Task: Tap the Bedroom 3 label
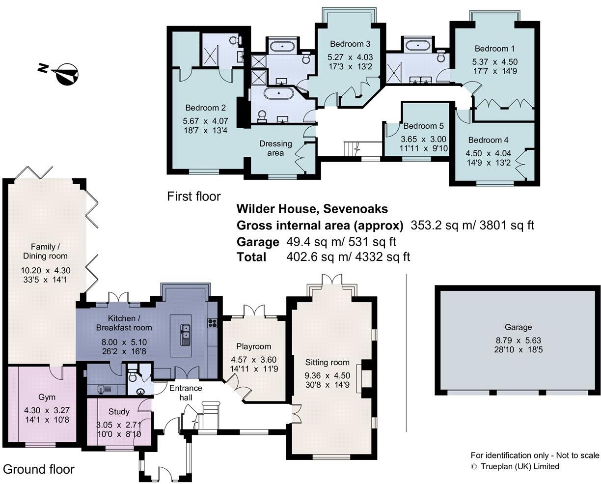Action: click(350, 43)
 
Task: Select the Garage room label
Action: click(518, 327)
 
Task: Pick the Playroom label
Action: click(253, 346)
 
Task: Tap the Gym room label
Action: click(47, 397)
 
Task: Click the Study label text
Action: click(119, 412)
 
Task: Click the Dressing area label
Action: click(275, 148)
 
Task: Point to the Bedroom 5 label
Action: click(420, 126)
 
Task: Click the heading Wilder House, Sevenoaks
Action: click(312, 209)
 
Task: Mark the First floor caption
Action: click(194, 197)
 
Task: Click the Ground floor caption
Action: click(39, 469)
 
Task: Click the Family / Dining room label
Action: click(45, 251)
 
